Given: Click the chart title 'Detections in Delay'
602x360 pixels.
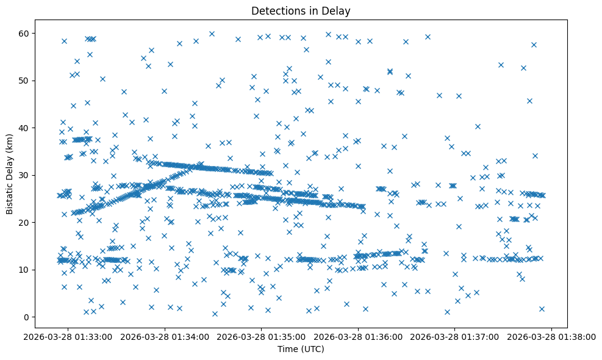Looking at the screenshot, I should [x=301, y=11].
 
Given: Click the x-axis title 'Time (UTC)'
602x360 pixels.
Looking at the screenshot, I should [x=301, y=349].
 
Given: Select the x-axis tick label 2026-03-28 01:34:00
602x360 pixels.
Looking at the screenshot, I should [x=165, y=336].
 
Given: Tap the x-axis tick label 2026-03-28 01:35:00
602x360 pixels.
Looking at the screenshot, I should [x=262, y=336].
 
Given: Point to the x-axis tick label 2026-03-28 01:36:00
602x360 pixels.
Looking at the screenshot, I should [x=358, y=336].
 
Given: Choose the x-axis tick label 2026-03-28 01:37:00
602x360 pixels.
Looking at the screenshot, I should [x=455, y=336].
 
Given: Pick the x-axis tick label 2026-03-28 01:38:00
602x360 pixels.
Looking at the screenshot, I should [x=551, y=336].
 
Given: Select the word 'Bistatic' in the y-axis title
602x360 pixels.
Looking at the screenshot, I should [x=10, y=196].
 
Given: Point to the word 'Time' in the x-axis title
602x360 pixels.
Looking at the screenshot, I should [x=288, y=349].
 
